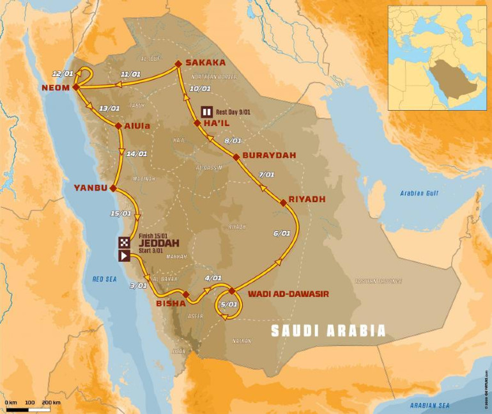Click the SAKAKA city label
(205, 63)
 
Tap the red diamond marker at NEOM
(75, 87)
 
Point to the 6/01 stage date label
(281, 234)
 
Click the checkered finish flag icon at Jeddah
(124, 243)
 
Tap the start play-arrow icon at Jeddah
(124, 255)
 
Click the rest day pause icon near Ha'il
(206, 110)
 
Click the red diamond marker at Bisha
(186, 294)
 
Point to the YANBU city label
(89, 188)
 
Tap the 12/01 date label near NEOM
(63, 74)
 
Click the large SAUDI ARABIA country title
(328, 331)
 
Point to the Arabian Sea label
(431, 406)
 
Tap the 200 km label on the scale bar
(51, 402)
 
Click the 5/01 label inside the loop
(227, 305)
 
